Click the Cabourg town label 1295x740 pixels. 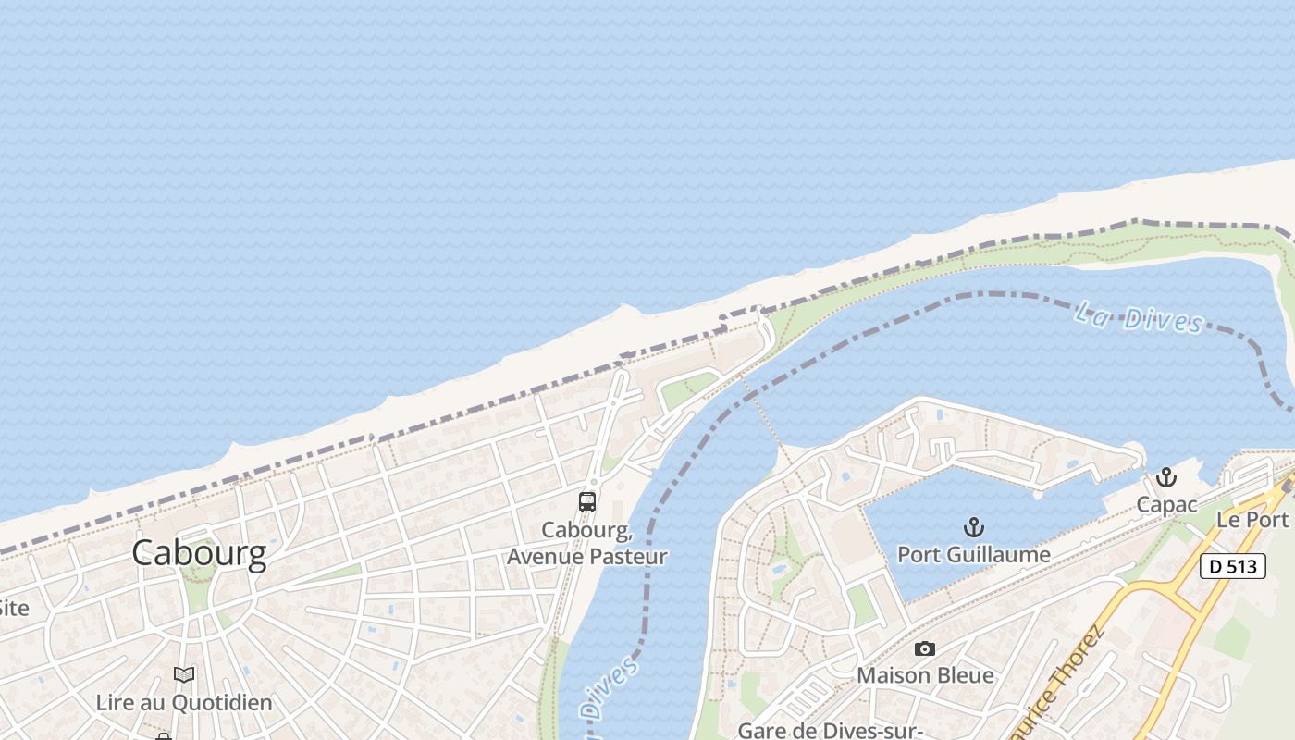199,553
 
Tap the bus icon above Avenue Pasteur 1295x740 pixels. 587,502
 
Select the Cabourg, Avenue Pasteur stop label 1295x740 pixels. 587,544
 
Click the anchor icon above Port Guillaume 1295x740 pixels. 973,528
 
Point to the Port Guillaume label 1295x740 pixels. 974,555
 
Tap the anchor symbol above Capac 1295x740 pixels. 1166,478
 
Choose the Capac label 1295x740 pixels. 1166,505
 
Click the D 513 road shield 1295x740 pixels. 1233,565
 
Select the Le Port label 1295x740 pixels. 1252,519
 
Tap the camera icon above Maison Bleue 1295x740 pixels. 924,649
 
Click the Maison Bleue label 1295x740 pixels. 925,675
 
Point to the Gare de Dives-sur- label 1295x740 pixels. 832,730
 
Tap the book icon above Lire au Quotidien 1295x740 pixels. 184,675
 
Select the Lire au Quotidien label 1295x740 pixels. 184,703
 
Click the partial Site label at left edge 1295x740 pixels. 14,608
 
